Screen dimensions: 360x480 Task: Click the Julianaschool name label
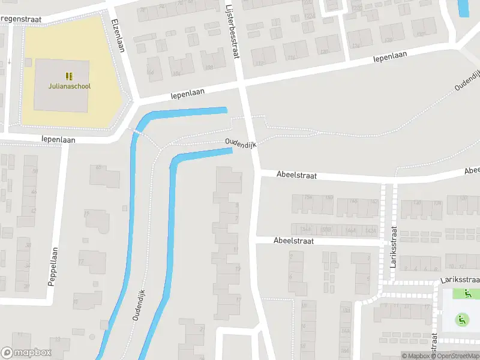click(70, 86)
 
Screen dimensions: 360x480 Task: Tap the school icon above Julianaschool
click(70, 76)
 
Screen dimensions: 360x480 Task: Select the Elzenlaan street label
click(118, 35)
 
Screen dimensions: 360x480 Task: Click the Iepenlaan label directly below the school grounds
click(58, 139)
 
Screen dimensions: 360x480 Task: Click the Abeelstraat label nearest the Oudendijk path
click(296, 175)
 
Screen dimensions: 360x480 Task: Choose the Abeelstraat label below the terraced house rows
click(293, 241)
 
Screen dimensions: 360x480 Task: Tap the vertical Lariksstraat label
click(394, 245)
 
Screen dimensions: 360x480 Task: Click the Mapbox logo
click(26, 353)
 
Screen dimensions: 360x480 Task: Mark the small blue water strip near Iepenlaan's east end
click(463, 8)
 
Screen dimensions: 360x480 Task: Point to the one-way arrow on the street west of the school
click(10, 61)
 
